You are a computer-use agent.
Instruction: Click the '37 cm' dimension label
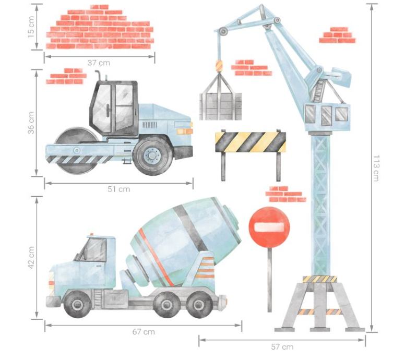pyautogui.click(x=99, y=63)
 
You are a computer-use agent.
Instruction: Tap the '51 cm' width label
pyautogui.click(x=119, y=189)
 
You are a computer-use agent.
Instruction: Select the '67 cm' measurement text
pyautogui.click(x=144, y=332)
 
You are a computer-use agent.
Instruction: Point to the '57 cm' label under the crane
pyautogui.click(x=282, y=346)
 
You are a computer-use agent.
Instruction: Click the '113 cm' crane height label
pyautogui.click(x=376, y=168)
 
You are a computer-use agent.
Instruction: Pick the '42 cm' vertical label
pyautogui.click(x=31, y=257)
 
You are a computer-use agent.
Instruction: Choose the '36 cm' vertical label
pyautogui.click(x=31, y=123)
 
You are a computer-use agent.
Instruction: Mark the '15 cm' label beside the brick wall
pyautogui.click(x=31, y=27)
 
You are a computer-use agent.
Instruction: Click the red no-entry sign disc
pyautogui.click(x=269, y=227)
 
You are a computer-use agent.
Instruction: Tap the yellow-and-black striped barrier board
pyautogui.click(x=251, y=142)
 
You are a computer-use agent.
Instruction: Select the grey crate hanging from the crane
pyautogui.click(x=221, y=106)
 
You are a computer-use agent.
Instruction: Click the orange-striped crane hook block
pyautogui.click(x=219, y=66)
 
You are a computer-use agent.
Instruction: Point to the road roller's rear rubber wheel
pyautogui.click(x=153, y=155)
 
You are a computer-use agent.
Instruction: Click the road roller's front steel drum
pyautogui.click(x=75, y=150)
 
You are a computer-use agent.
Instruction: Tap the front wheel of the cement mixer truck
pyautogui.click(x=77, y=304)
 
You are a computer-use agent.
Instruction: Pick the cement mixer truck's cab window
pyautogui.click(x=93, y=250)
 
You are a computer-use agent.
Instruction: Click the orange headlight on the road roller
pyautogui.click(x=184, y=131)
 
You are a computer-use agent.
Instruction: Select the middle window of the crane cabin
pyautogui.click(x=327, y=115)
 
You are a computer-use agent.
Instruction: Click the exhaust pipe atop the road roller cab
pyautogui.click(x=98, y=76)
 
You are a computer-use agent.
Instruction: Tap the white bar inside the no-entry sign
pyautogui.click(x=269, y=227)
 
